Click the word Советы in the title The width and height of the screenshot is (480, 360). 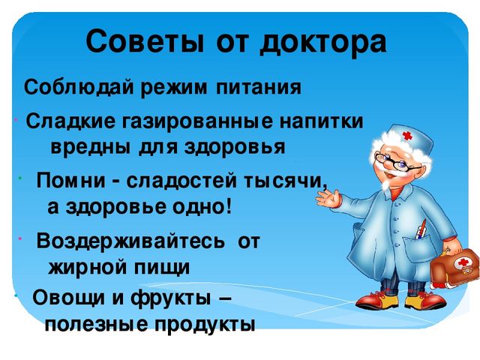[145, 42]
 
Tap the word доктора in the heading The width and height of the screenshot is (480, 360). [323, 43]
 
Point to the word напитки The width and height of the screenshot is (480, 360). [322, 121]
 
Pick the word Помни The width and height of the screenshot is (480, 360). [71, 181]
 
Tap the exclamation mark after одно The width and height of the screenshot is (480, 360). [229, 207]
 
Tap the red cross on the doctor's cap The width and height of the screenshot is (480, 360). [407, 135]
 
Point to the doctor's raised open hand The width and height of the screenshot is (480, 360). [328, 198]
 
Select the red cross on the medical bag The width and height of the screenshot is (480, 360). [463, 262]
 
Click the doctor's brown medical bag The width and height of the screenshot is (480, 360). [455, 266]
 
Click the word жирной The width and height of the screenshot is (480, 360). [88, 267]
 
